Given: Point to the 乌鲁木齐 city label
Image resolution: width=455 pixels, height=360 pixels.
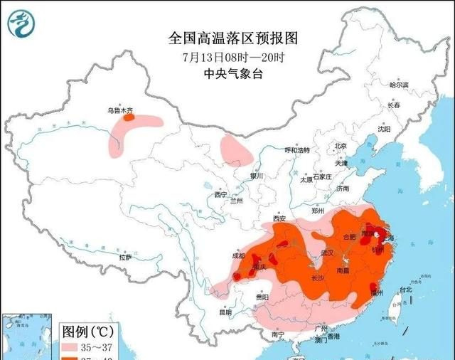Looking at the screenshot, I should pyautogui.click(x=119, y=110).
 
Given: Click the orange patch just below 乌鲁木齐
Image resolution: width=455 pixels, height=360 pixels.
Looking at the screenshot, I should pyautogui.click(x=129, y=118).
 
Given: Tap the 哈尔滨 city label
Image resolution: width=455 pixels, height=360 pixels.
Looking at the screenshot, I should pyautogui.click(x=399, y=85).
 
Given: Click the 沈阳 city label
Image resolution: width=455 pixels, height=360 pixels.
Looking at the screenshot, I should pyautogui.click(x=385, y=129).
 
